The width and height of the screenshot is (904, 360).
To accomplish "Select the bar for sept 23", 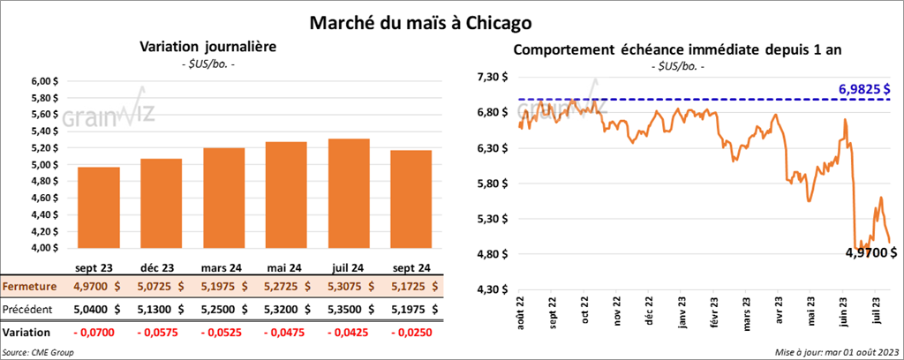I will tap(99, 207).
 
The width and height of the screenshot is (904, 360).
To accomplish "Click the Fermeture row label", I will tap(31, 287).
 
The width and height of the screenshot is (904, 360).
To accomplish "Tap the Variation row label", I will tap(27, 333).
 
